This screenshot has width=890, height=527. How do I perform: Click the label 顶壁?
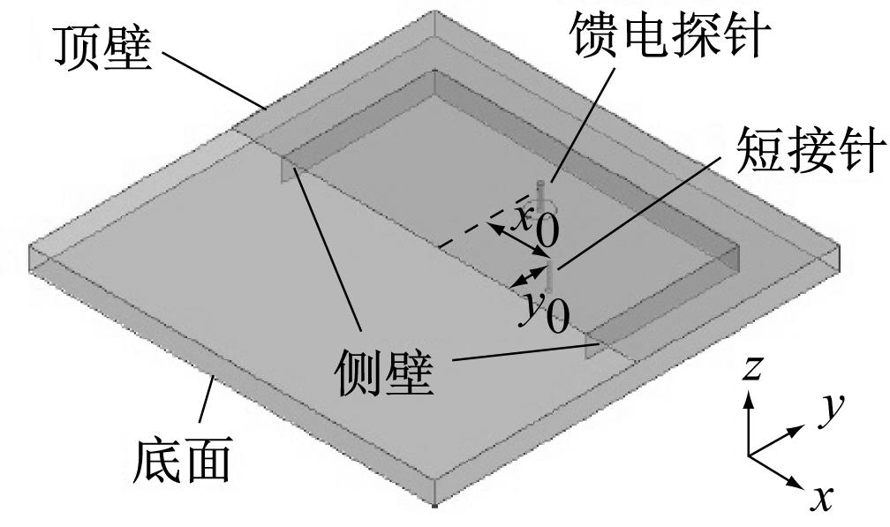click(x=102, y=49)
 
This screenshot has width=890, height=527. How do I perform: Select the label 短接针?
click(x=811, y=150)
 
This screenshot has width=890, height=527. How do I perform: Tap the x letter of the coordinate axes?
click(x=822, y=498)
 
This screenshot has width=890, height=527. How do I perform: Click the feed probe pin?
click(x=541, y=195)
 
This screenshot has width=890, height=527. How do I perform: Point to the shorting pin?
click(x=549, y=276)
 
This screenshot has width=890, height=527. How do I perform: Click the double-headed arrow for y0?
click(x=528, y=277)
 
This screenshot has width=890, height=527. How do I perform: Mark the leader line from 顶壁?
click(x=214, y=80)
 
